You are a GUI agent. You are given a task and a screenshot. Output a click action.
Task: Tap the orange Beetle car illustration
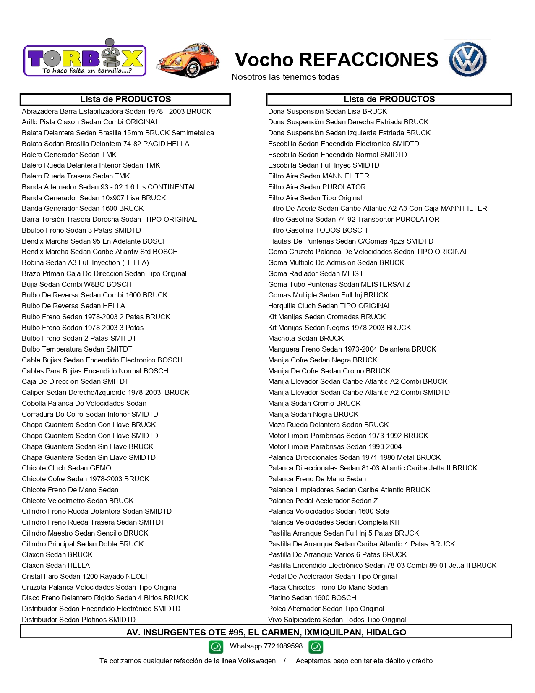click(188, 60)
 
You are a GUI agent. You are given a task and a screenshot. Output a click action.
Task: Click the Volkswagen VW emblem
click(467, 59)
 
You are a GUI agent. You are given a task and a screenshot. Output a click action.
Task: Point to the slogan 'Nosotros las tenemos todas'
click(285, 77)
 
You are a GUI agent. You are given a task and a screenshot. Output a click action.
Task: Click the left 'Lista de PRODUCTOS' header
click(125, 99)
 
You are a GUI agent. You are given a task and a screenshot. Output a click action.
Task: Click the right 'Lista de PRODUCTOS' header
click(389, 99)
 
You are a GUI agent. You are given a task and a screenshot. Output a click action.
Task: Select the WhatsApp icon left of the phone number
click(216, 647)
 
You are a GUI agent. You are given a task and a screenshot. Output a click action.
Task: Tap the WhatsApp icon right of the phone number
click(316, 647)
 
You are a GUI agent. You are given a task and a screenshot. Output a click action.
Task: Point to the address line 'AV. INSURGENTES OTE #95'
click(266, 632)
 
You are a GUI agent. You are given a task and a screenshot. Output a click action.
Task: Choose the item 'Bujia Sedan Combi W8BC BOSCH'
click(77, 284)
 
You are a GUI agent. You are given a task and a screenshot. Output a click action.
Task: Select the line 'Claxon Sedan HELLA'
click(56, 565)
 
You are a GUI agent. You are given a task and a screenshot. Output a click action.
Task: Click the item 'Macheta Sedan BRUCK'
click(306, 338)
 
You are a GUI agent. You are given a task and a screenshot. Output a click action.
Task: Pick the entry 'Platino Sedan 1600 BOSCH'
click(312, 598)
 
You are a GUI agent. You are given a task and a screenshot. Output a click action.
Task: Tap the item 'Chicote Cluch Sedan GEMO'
click(67, 468)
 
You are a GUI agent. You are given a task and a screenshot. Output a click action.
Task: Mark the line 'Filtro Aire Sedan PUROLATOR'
click(317, 187)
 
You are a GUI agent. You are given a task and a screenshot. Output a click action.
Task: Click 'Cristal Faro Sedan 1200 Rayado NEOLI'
click(84, 576)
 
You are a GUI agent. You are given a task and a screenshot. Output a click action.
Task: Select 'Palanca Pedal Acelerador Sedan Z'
click(323, 501)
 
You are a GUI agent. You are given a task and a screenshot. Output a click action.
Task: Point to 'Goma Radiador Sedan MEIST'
click(316, 273)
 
